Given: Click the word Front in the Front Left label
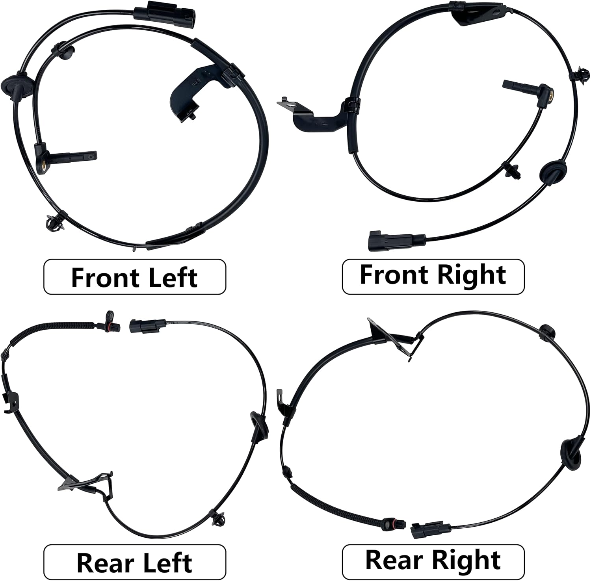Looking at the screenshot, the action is click(x=104, y=277).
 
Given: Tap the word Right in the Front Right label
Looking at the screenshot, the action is click(x=471, y=275).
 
